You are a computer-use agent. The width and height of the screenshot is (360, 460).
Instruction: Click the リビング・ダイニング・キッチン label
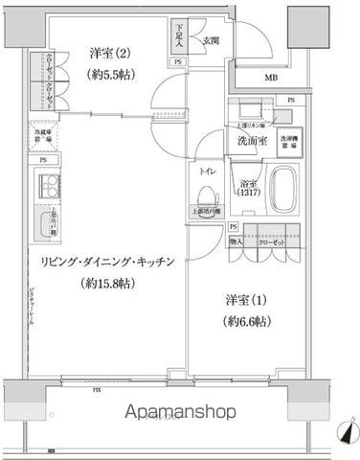point(113,261)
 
